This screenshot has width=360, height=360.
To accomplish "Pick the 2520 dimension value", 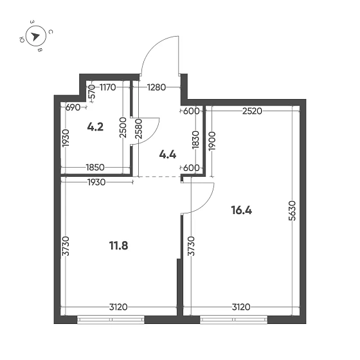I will [x=253, y=111].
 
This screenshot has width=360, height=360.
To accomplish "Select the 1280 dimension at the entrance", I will [x=158, y=87].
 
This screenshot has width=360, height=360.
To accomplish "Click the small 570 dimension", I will [x=91, y=91].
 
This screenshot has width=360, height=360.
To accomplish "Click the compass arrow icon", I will [x=36, y=36].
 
